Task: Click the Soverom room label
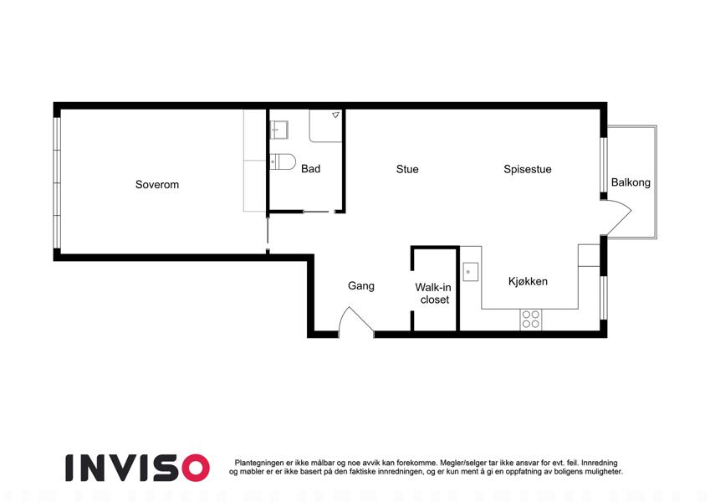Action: point(157,184)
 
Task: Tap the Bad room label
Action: point(310,168)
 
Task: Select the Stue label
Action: point(407,169)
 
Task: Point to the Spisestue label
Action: point(528,170)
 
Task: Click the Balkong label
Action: point(631,182)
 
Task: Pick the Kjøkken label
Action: point(528,281)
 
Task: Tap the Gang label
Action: point(361,286)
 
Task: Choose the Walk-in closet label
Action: point(433,293)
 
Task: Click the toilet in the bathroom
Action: point(282,161)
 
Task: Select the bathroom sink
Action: point(279,130)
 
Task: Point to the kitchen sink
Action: point(470,272)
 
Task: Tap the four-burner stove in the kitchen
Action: point(531,319)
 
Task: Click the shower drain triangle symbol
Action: point(335,115)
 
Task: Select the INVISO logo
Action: point(138,468)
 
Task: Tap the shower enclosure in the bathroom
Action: point(325,125)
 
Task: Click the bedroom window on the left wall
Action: point(57,183)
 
